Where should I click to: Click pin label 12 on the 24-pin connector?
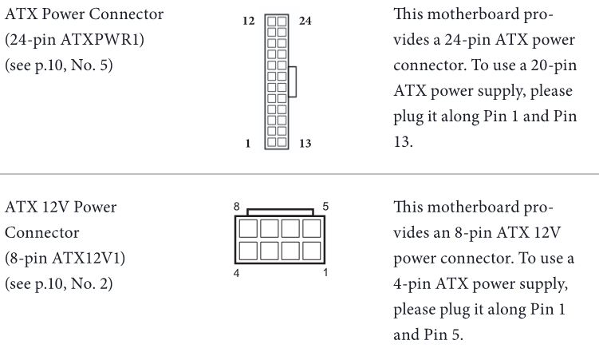tap(249, 21)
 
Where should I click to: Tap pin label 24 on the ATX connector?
tap(305, 21)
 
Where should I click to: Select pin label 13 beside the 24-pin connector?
tap(305, 144)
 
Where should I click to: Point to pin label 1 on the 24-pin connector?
tap(248, 144)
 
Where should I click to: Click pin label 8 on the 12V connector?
tap(237, 207)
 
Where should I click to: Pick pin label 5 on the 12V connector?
tap(325, 207)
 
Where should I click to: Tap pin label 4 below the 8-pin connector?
tap(237, 273)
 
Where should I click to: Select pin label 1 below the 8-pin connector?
tap(325, 272)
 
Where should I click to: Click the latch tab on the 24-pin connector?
tap(293, 81)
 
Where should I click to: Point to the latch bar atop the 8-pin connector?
tap(280, 212)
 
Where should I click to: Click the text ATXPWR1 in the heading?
tap(100, 39)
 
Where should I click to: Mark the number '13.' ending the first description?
tap(403, 142)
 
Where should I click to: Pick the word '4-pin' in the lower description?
tap(412, 284)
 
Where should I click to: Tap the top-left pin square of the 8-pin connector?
tap(248, 229)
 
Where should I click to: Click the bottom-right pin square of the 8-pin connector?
tap(312, 251)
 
